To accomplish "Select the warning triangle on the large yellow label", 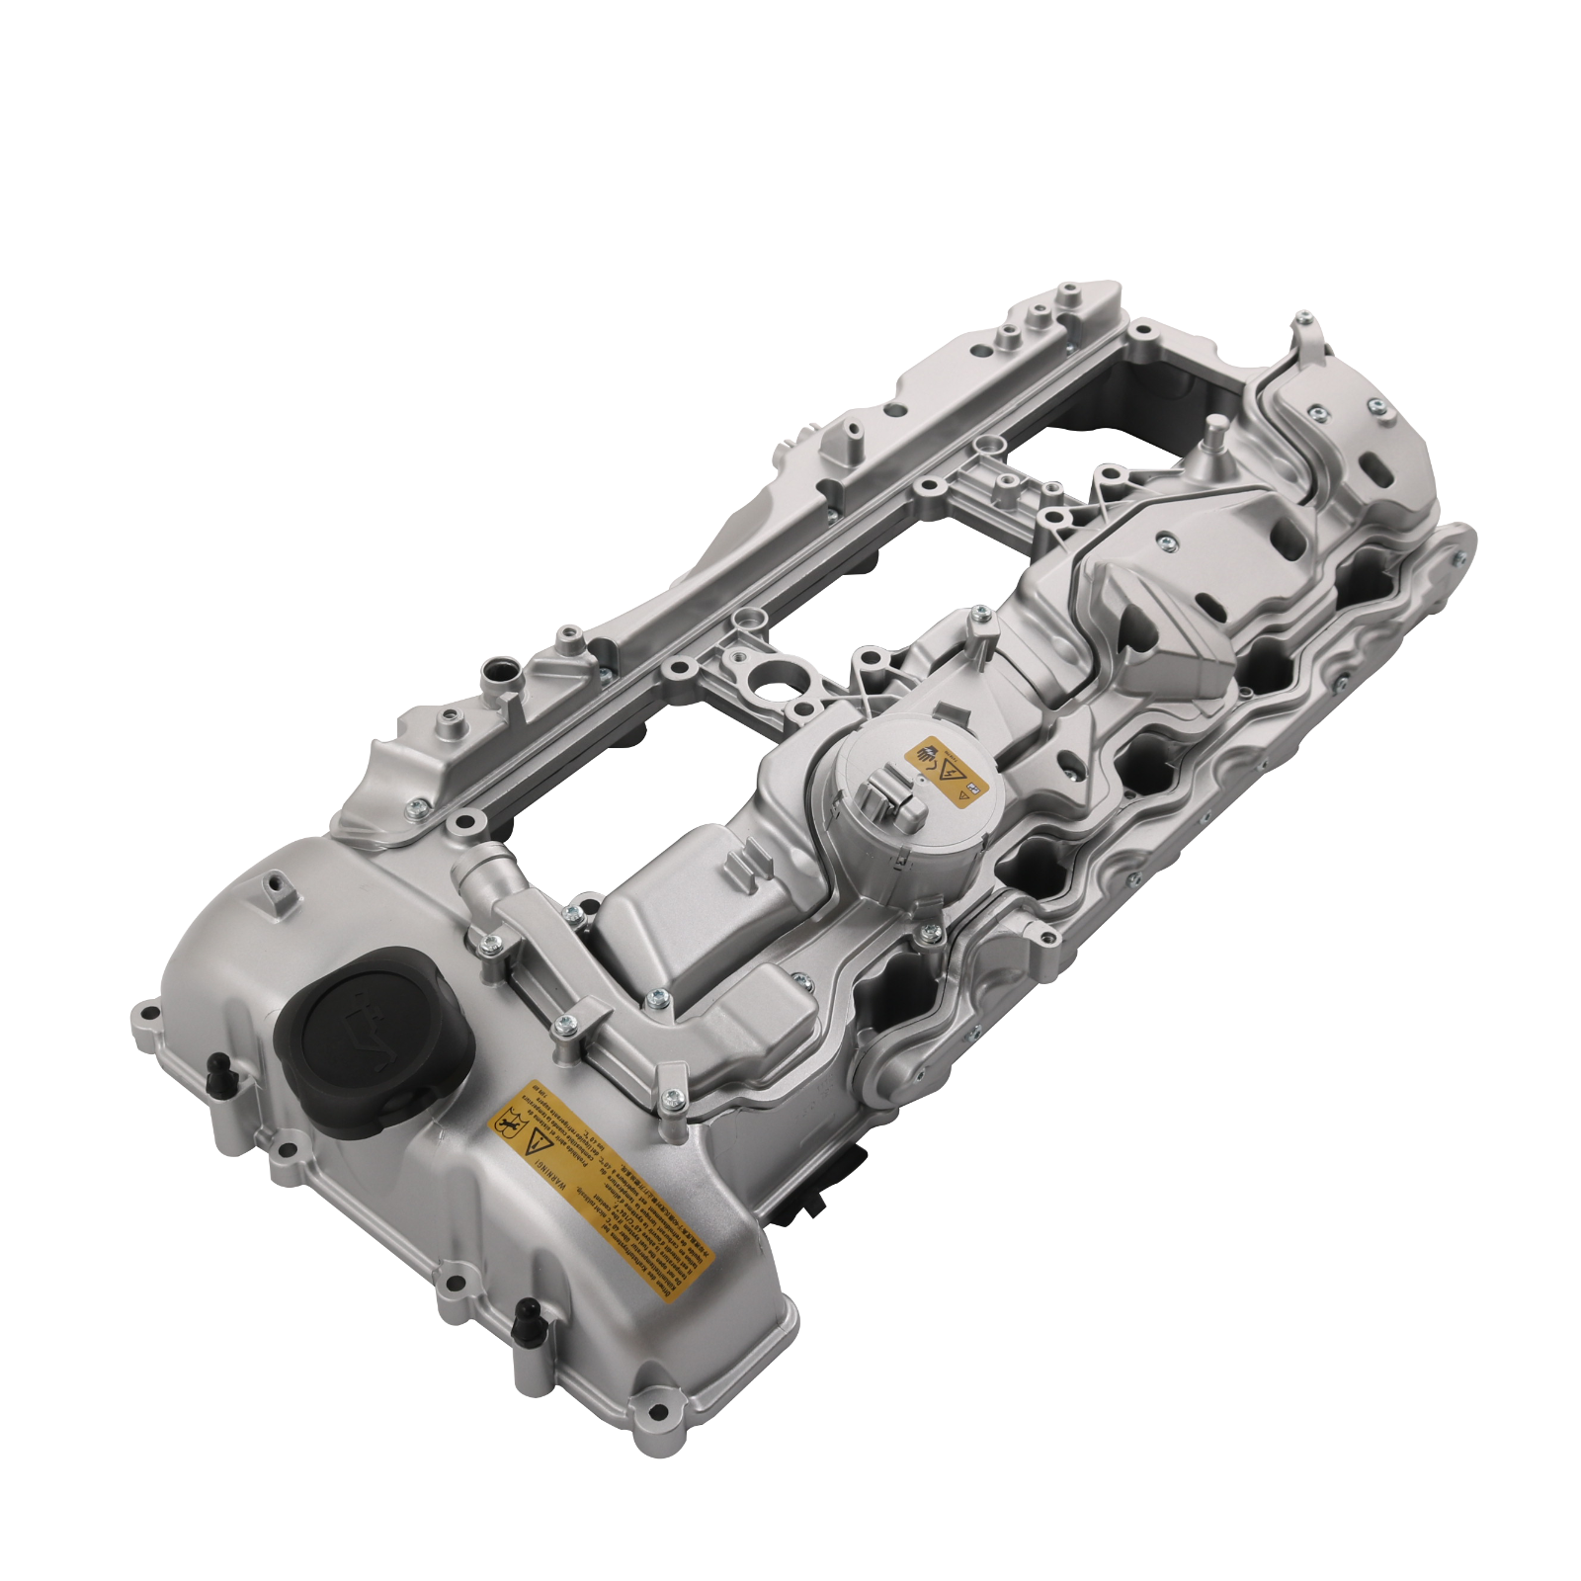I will coord(539,1146).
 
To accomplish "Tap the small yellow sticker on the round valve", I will coord(947,771).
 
